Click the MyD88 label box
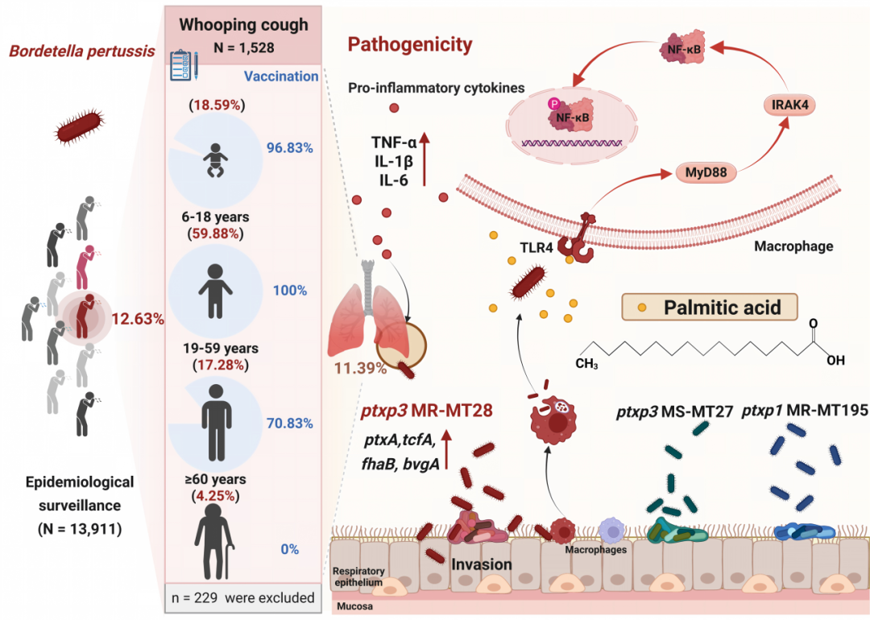[x=706, y=172]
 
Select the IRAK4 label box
[x=789, y=104]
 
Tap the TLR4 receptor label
[x=536, y=247]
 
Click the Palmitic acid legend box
[x=710, y=308]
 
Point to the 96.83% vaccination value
[x=290, y=147]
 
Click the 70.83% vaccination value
[x=290, y=424]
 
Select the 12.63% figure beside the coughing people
[x=138, y=319]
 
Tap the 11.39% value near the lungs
[x=360, y=368]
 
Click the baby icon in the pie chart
[x=215, y=160]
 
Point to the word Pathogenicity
[x=410, y=43]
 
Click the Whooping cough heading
[x=243, y=24]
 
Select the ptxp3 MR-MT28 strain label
[x=427, y=411]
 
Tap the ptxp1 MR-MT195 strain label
[x=805, y=411]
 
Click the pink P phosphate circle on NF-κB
[x=553, y=104]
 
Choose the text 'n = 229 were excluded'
[x=243, y=597]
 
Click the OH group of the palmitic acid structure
[x=835, y=361]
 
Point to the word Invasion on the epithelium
[x=482, y=564]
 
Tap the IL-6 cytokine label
[x=394, y=180]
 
